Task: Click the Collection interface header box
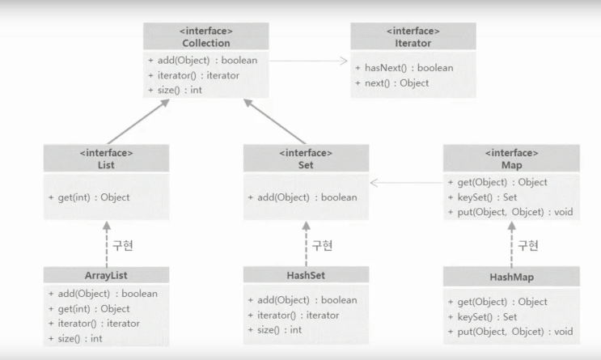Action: coord(205,36)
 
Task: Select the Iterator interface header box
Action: coord(413,36)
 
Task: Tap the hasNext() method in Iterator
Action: coord(404,68)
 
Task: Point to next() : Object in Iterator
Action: coord(391,83)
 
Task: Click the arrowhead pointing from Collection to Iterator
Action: coord(344,61)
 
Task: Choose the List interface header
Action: coord(106,159)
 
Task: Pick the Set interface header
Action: coord(306,159)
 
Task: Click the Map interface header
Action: coord(511,159)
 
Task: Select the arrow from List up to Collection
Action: coord(138,121)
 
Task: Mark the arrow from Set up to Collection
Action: coord(275,121)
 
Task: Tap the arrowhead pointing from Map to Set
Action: coord(375,183)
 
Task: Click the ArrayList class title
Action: coord(106,275)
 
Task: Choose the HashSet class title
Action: coord(306,275)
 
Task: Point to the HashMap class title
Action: coord(511,277)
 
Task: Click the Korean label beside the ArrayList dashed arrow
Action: coord(123,245)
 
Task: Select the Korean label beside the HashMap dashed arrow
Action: coord(528,245)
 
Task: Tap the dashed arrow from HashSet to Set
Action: coord(306,244)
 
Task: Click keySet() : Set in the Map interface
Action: coord(483,197)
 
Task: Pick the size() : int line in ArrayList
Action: coord(75,338)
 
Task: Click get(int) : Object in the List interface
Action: coord(89,197)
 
